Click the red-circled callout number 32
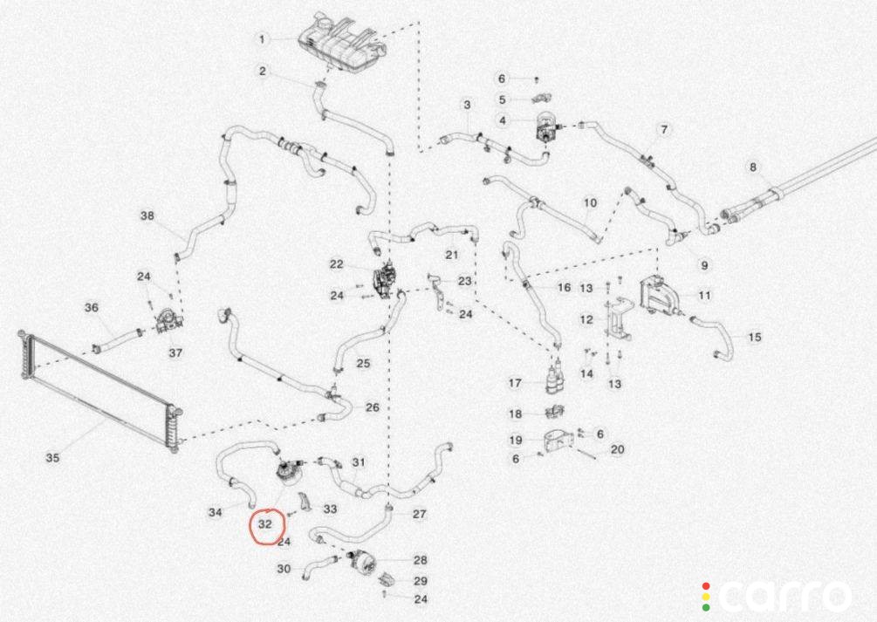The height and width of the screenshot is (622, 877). (264, 524)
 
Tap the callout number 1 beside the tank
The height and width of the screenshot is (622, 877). (262, 40)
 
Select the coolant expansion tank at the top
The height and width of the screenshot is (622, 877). (343, 44)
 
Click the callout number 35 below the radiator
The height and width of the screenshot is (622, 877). (52, 457)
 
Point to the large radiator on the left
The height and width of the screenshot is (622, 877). (99, 391)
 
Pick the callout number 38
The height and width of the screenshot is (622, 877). (147, 215)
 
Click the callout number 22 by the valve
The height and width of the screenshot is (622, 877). (336, 264)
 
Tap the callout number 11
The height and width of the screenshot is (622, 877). (704, 295)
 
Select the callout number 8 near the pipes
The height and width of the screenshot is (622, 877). (753, 167)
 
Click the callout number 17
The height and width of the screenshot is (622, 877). (515, 383)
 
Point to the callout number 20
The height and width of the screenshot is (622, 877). (617, 449)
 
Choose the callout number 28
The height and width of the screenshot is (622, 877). (420, 560)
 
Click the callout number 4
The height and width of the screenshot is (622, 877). (503, 120)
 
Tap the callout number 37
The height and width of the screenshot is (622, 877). (175, 352)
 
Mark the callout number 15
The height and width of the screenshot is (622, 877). (755, 337)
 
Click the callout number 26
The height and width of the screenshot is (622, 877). (373, 407)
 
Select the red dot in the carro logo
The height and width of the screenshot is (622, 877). (706, 586)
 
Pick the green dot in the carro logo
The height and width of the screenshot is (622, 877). (706, 607)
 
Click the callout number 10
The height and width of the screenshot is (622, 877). (590, 202)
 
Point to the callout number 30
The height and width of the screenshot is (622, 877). (284, 569)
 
